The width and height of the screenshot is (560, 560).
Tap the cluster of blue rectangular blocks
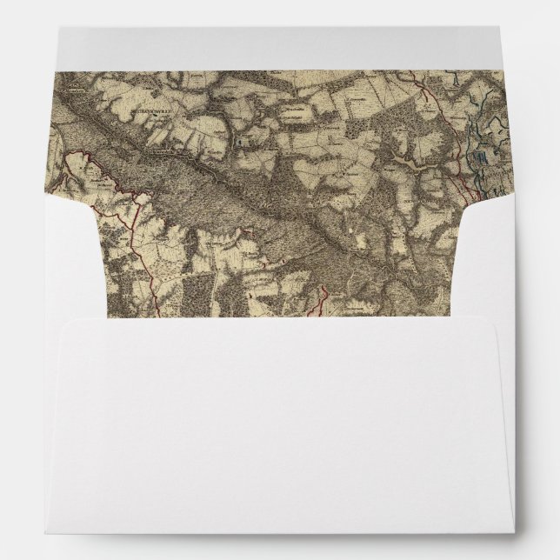click(x=480, y=157)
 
